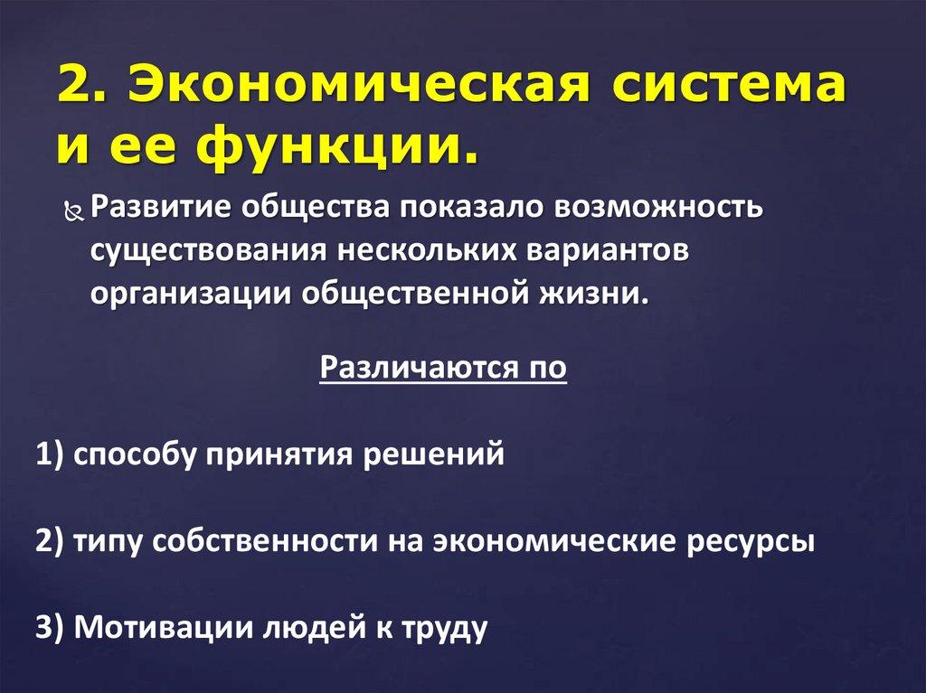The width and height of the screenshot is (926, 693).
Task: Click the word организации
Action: [189, 295]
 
